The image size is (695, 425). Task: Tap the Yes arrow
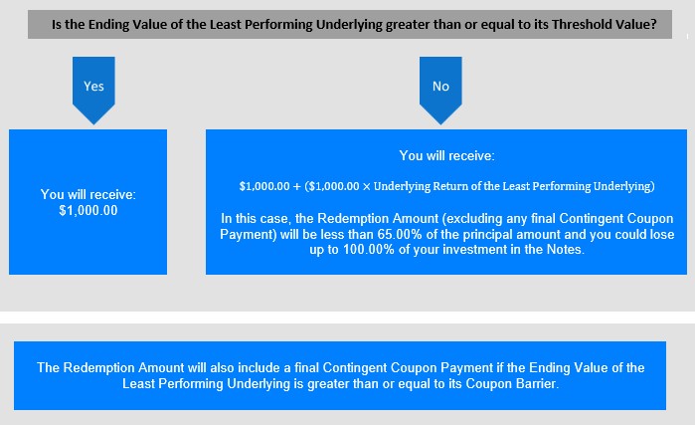pos(93,90)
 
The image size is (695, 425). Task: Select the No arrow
pos(440,90)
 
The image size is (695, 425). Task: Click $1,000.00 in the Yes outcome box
pos(88,210)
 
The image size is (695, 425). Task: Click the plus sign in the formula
pos(297,186)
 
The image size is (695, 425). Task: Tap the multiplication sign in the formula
pos(366,186)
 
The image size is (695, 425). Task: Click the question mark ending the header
pos(653,24)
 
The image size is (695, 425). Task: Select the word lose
pos(661,234)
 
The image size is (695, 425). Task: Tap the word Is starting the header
pos(57,24)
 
